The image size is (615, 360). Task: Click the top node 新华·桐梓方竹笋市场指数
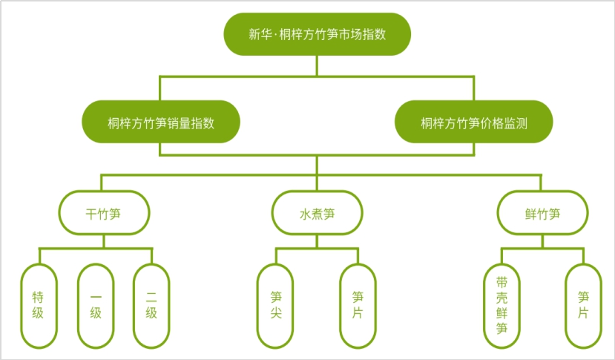[317, 34]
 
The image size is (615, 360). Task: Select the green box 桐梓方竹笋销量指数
[161, 123]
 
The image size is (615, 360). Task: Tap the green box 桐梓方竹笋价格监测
[473, 123]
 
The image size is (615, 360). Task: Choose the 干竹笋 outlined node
[104, 214]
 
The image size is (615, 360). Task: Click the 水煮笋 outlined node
[317, 214]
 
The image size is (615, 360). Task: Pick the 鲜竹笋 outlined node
[542, 214]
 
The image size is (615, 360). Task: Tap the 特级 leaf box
[39, 305]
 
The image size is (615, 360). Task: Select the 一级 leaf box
[96, 305]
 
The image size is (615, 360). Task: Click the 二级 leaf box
[151, 305]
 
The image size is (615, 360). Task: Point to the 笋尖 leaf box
[276, 305]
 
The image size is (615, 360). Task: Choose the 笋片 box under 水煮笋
[358, 305]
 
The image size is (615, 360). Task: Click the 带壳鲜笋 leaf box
[501, 305]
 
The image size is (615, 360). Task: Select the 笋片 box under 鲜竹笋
[583, 305]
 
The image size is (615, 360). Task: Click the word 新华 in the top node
[260, 34]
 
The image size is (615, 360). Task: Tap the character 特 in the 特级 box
[39, 297]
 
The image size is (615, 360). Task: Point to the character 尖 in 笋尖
[276, 313]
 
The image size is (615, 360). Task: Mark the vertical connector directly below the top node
[317, 65]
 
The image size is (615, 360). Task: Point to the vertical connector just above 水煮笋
[317, 183]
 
